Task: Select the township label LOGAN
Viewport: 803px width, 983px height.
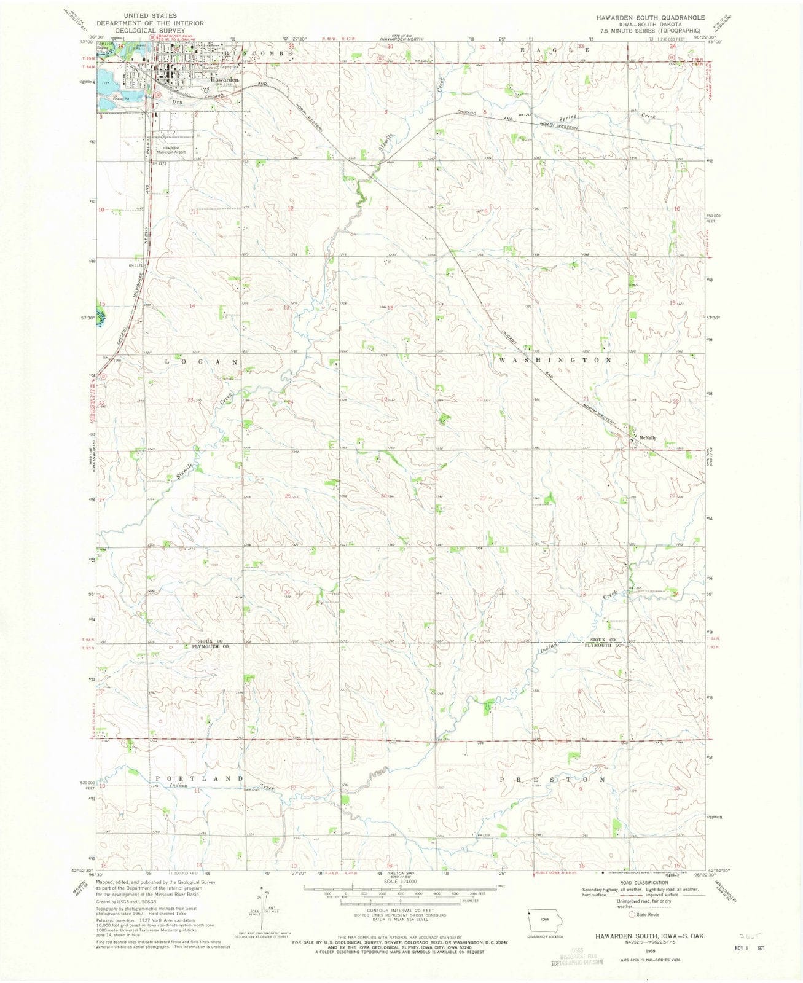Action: click(x=200, y=362)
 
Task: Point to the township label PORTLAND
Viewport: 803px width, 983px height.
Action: click(x=198, y=778)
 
